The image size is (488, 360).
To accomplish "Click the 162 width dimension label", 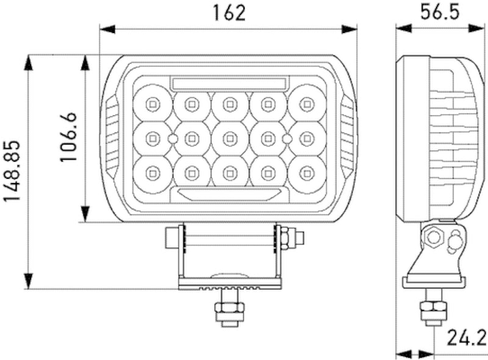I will [229, 13].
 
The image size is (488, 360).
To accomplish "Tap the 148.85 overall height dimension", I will [12, 173].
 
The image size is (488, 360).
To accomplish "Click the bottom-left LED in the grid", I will [152, 174].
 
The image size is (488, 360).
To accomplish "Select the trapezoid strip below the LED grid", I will [229, 193].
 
